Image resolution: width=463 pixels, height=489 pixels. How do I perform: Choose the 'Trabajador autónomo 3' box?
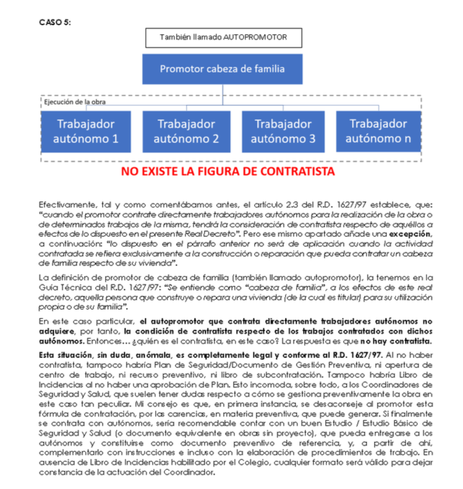[283, 130]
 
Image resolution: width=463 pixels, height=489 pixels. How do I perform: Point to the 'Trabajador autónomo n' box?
[378, 130]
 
